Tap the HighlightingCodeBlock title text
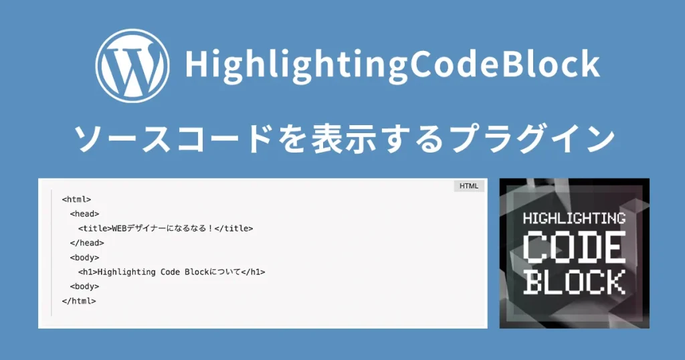(391, 65)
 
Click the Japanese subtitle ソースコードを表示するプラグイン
(343, 139)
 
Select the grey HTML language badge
(469, 186)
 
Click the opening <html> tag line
(76, 199)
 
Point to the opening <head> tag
(84, 214)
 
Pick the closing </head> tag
(86, 243)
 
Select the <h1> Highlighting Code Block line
(171, 272)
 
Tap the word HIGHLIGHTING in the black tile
(573, 218)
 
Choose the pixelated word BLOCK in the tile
(574, 281)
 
